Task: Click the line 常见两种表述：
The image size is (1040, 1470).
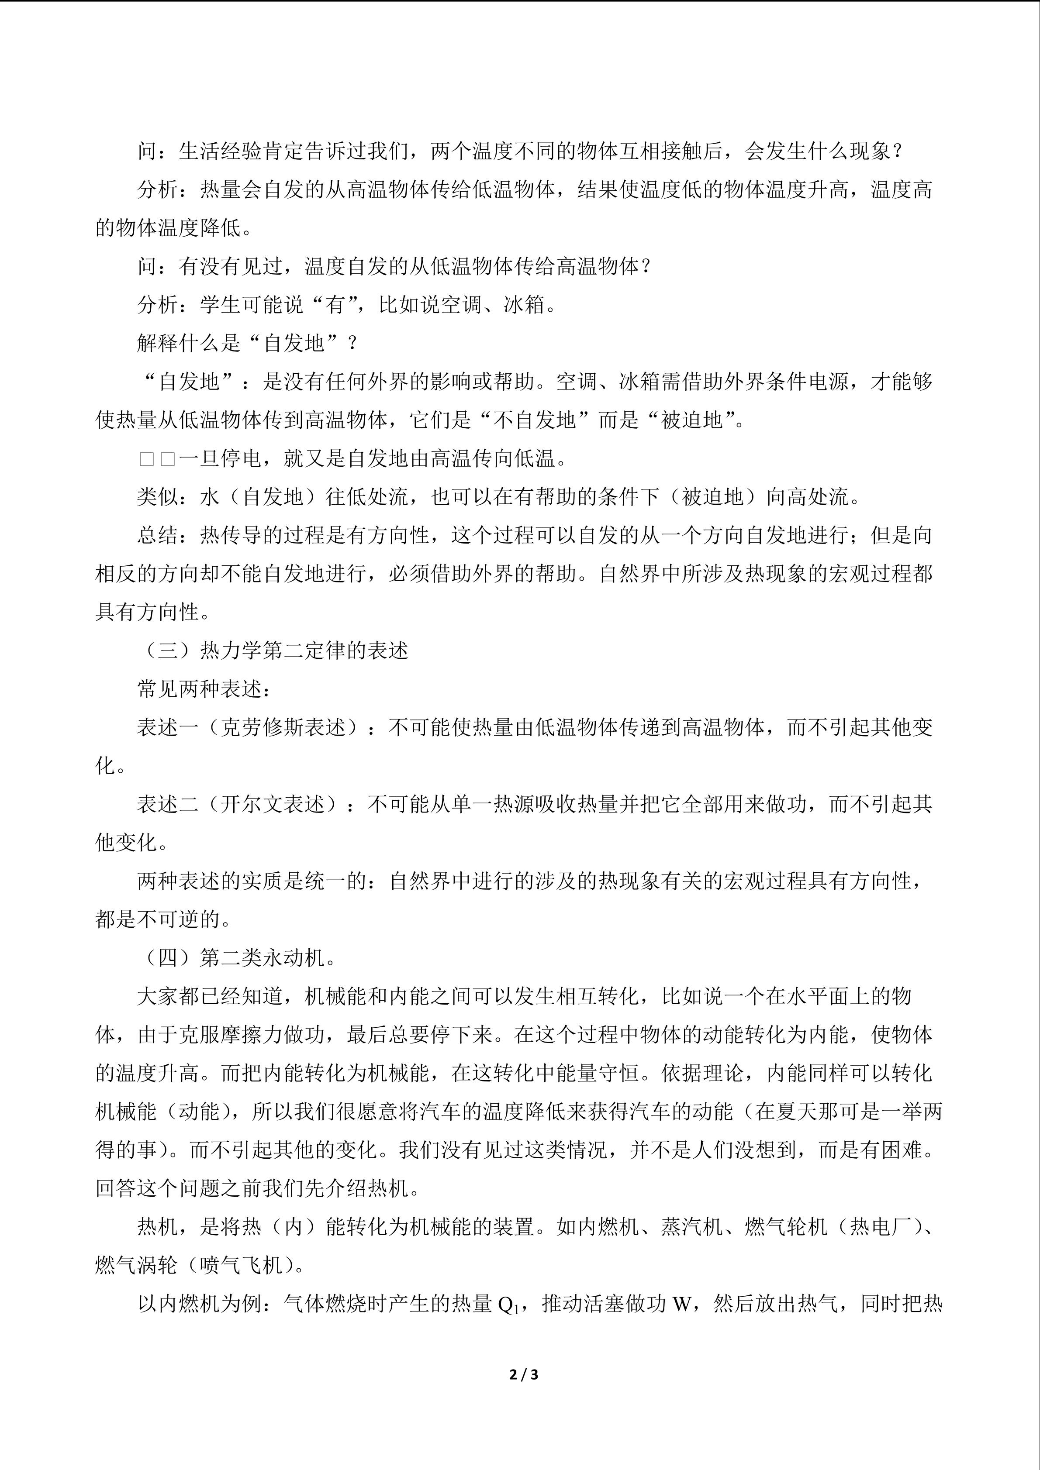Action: pos(204,689)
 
